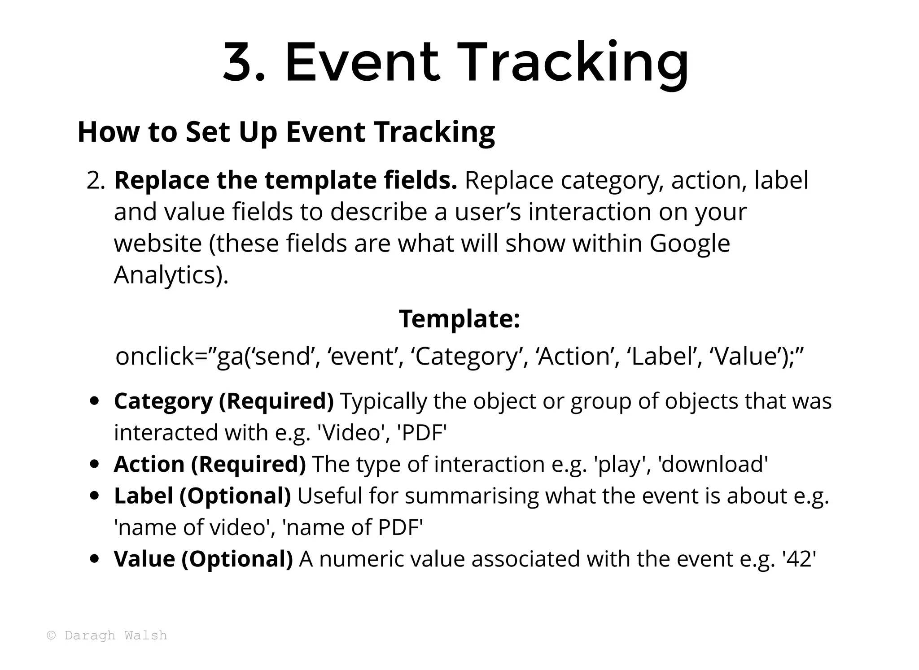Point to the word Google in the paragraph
[690, 244]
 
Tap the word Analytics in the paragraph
[166, 275]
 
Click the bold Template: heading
[459, 319]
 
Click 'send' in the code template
[284, 357]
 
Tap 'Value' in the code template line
[745, 357]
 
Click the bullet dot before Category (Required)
[94, 401]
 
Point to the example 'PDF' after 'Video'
[422, 433]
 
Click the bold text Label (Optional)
[202, 496]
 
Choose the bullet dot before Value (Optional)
[94, 559]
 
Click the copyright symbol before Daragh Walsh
[52, 635]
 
